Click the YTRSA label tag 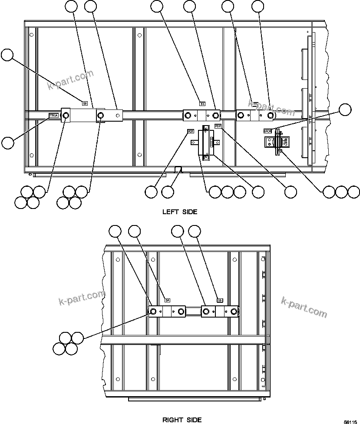click(x=53, y=116)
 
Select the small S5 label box click(x=85, y=103)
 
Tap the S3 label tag click(x=202, y=103)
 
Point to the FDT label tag click(x=190, y=131)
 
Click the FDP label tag click(x=218, y=126)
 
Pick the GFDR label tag click(x=268, y=130)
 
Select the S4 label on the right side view click(x=168, y=300)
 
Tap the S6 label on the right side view click(x=220, y=300)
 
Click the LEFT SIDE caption click(x=180, y=212)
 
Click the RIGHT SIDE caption click(x=182, y=420)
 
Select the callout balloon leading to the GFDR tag click(x=345, y=109)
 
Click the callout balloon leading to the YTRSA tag click(x=8, y=142)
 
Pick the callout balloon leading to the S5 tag click(x=7, y=55)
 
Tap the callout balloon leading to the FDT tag click(x=151, y=191)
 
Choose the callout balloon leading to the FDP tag click(x=290, y=191)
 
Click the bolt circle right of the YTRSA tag click(x=66, y=115)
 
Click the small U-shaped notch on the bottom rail click(x=178, y=169)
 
